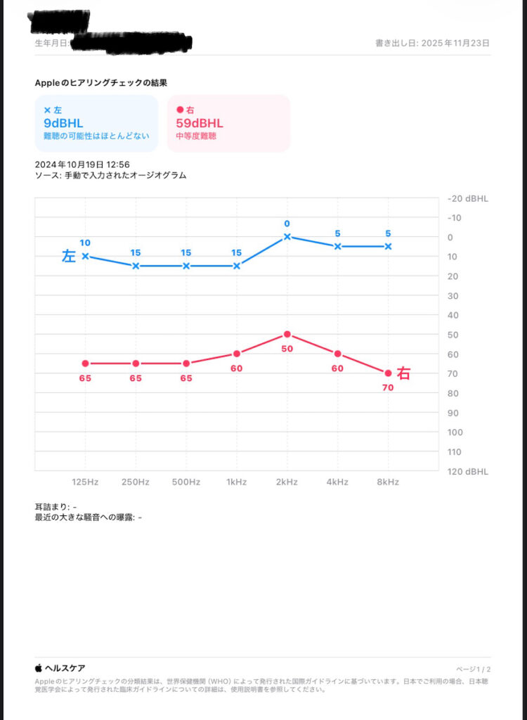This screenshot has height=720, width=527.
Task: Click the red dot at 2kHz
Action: point(287,334)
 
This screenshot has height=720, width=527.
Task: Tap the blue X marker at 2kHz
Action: point(287,236)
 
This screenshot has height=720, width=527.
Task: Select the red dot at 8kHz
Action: point(388,373)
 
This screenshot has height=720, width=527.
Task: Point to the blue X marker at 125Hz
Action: point(85,256)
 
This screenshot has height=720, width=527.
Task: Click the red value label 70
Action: point(388,387)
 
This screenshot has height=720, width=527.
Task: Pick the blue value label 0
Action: point(287,224)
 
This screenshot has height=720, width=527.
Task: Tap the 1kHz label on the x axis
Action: point(236,482)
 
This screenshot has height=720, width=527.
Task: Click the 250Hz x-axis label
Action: point(136,482)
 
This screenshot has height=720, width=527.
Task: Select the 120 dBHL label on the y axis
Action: point(468,471)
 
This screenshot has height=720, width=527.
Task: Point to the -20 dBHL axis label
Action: point(468,198)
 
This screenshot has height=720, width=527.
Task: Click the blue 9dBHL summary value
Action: point(63,123)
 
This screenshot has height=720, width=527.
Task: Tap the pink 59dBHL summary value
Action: point(199,123)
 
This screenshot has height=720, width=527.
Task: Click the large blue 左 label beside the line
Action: point(69,257)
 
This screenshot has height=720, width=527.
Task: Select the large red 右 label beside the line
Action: point(404,373)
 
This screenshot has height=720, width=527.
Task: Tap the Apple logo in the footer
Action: point(39,668)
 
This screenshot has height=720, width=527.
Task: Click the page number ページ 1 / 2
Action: point(474,669)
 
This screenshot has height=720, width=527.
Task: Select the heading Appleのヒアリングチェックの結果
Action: point(100,83)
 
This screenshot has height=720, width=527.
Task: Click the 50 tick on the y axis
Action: point(453,335)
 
